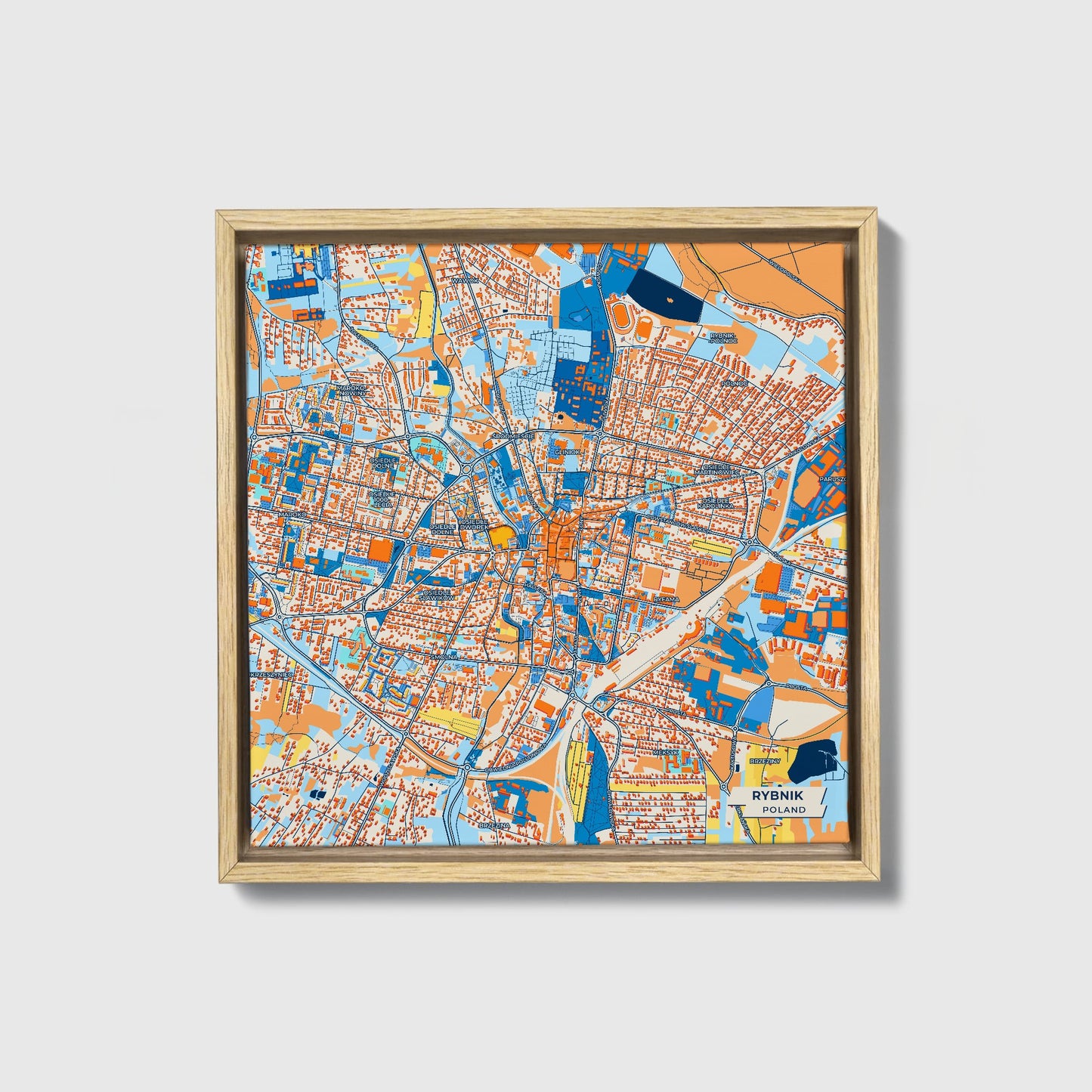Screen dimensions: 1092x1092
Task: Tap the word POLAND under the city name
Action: pyautogui.click(x=784, y=809)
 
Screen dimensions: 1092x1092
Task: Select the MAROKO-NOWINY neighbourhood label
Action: pyautogui.click(x=351, y=390)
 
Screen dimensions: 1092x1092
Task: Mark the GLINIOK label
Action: pyautogui.click(x=567, y=452)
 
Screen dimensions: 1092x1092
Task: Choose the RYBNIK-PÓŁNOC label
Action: pyautogui.click(x=722, y=337)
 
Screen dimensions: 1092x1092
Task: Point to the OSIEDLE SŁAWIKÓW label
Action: pyautogui.click(x=439, y=595)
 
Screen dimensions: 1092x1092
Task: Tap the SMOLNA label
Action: pyautogui.click(x=444, y=657)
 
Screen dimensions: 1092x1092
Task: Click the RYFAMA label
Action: pyautogui.click(x=667, y=599)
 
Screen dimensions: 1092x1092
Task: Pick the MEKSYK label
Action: pyautogui.click(x=666, y=753)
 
